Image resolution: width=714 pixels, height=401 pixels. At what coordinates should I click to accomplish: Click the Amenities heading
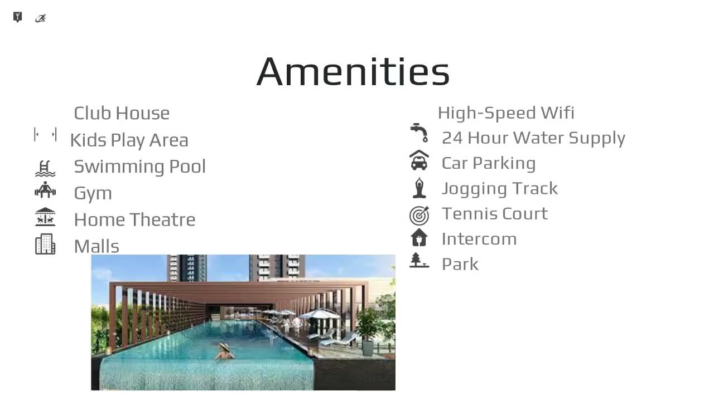pos(353,71)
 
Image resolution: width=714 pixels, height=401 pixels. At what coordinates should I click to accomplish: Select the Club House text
pos(122,113)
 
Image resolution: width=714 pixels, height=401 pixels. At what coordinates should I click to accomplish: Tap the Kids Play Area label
pos(129,140)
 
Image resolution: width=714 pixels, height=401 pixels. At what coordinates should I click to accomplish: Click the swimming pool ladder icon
pos(45,168)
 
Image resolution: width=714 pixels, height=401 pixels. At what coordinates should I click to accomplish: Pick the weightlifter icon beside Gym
pos(45,190)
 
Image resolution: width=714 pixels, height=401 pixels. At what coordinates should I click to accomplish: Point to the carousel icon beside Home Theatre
pos(45,217)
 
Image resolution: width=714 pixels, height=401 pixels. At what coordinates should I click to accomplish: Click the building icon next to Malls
pos(45,244)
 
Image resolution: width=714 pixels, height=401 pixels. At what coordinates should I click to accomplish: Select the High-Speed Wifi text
pos(506,113)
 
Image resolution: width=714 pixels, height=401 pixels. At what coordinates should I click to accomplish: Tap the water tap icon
pos(419,133)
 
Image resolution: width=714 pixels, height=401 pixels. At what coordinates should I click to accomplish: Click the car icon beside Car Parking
pos(419,161)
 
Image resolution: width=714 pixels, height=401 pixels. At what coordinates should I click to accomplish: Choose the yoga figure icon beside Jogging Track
pos(419,188)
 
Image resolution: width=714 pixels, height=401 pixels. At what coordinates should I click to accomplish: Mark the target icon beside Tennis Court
pos(419,214)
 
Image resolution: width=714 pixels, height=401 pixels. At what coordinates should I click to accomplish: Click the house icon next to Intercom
pos(419,238)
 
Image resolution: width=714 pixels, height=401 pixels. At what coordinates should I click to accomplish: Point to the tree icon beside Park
pos(419,261)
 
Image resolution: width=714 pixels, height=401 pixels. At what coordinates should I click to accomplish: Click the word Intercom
pos(479,239)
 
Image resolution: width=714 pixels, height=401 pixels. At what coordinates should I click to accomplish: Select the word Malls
pos(97,246)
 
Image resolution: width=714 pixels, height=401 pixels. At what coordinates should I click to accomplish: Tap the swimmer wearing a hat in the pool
pos(225,352)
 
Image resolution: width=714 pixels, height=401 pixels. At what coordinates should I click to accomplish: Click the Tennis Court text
pos(495,213)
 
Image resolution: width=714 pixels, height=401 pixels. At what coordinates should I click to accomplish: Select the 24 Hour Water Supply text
pos(533,138)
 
